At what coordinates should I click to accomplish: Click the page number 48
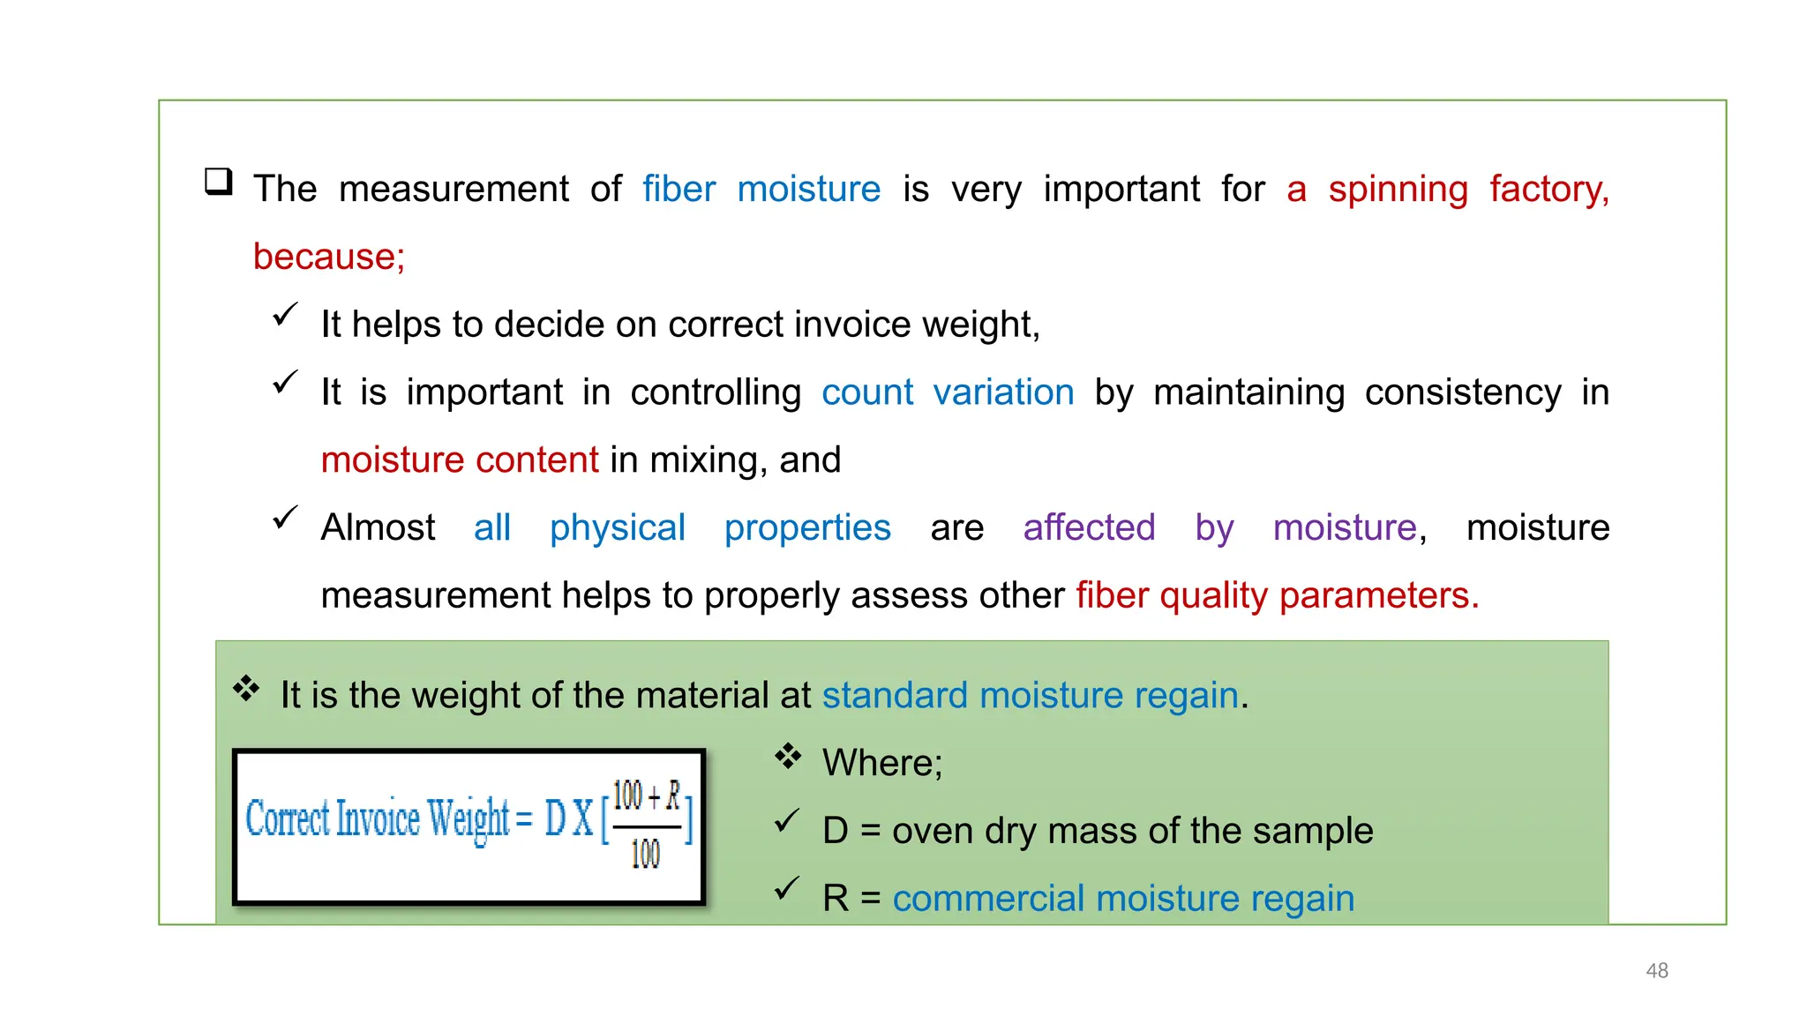pyautogui.click(x=1656, y=970)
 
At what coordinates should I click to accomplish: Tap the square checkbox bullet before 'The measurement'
pyautogui.click(x=218, y=182)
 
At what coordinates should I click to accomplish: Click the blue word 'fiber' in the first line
pyautogui.click(x=678, y=189)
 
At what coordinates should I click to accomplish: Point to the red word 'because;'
pyautogui.click(x=328, y=257)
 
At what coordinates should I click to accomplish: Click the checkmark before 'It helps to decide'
pyautogui.click(x=285, y=315)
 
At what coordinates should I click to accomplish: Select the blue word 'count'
pyautogui.click(x=866, y=392)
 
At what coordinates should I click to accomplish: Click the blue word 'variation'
pyautogui.click(x=1003, y=392)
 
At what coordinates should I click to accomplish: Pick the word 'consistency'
pyautogui.click(x=1462, y=392)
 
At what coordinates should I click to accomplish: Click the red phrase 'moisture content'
pyautogui.click(x=459, y=460)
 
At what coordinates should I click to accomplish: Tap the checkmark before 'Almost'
pyautogui.click(x=285, y=518)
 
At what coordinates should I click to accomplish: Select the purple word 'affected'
pyautogui.click(x=1088, y=527)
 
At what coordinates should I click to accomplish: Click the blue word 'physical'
pyautogui.click(x=617, y=527)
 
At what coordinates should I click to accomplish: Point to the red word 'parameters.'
pyautogui.click(x=1378, y=596)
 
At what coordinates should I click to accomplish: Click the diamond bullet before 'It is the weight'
pyautogui.click(x=246, y=688)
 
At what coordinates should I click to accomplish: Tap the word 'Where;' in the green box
pyautogui.click(x=881, y=763)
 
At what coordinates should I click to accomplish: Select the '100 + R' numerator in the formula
pyautogui.click(x=646, y=796)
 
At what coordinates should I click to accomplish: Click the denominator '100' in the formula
pyautogui.click(x=645, y=853)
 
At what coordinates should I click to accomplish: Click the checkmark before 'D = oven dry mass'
pyautogui.click(x=786, y=822)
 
